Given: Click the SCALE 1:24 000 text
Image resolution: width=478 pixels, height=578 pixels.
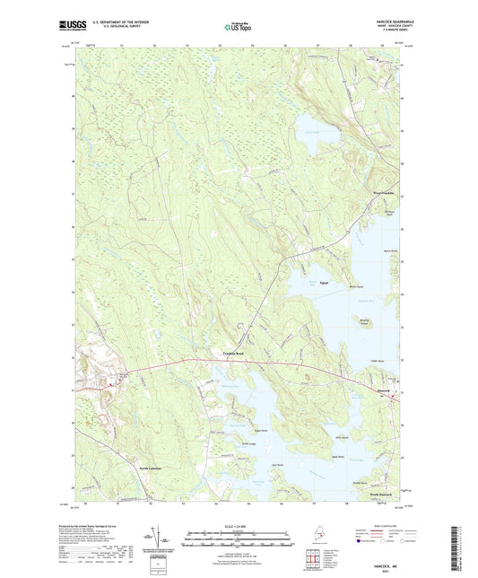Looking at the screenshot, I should click(239, 523).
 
